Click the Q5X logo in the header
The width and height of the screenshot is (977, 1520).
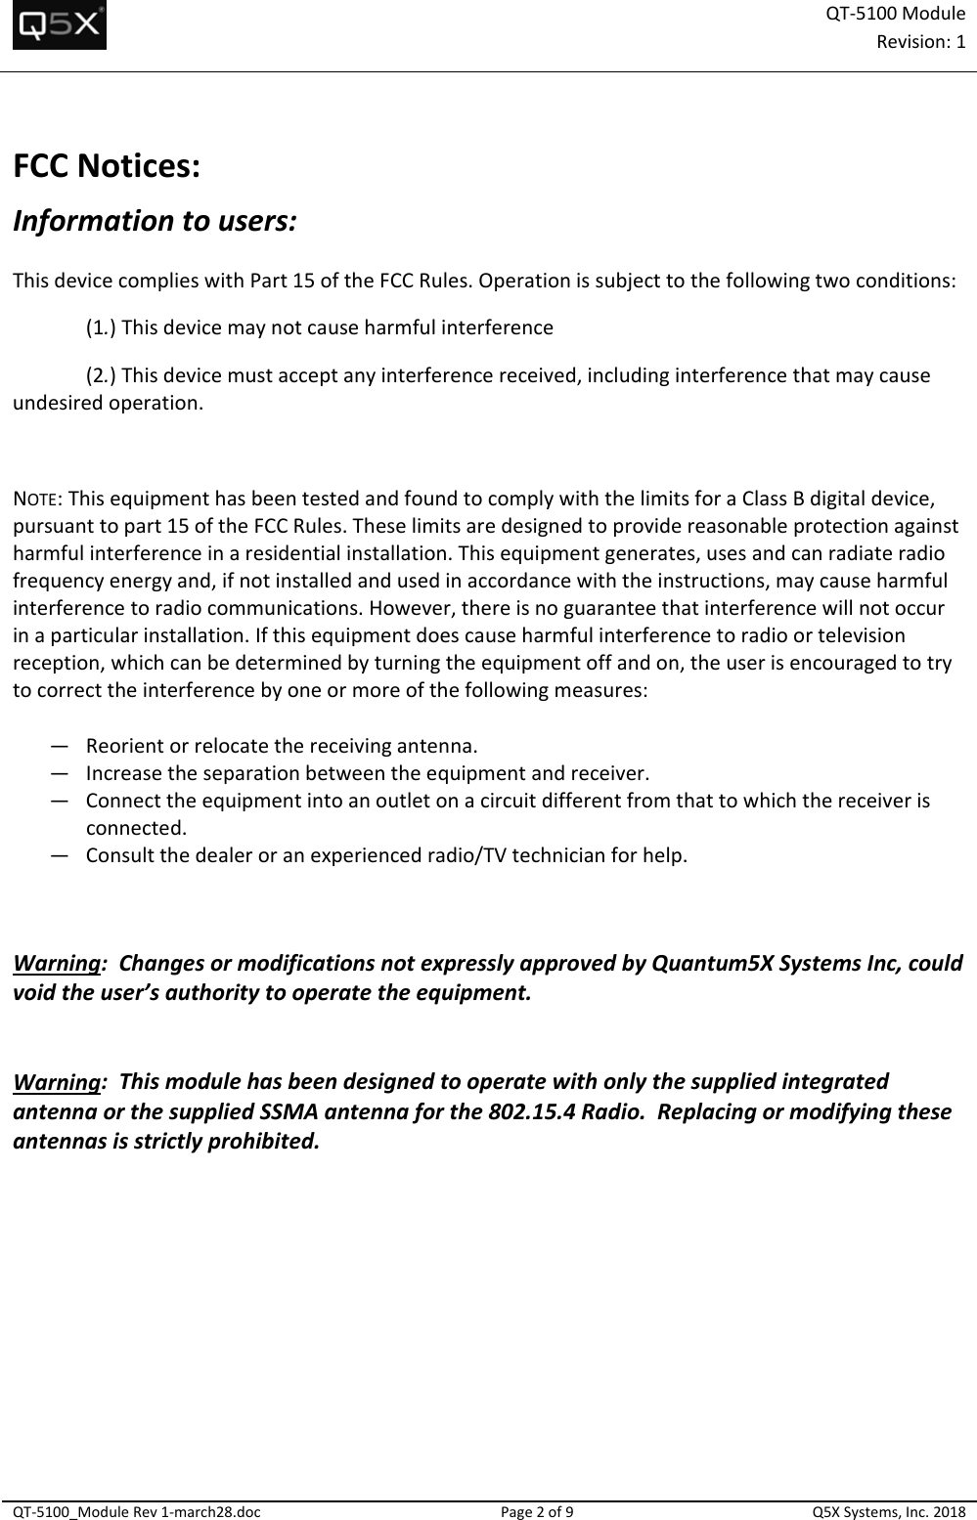[x=60, y=26]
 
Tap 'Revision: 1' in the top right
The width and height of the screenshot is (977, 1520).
[x=921, y=41]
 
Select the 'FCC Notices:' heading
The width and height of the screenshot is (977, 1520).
[x=107, y=166]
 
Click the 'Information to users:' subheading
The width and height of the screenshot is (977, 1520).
[x=154, y=220]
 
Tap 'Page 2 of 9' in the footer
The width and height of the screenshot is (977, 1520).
[x=537, y=1511]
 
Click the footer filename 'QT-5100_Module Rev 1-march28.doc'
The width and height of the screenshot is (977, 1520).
[x=137, y=1511]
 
